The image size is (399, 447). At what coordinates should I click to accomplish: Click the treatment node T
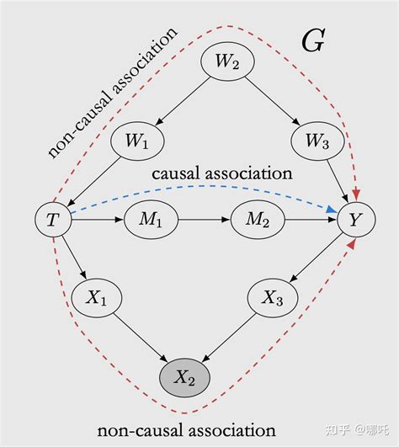point(52,221)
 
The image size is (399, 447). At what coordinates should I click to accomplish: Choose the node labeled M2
point(258,221)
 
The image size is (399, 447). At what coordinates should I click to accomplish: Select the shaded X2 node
point(185,376)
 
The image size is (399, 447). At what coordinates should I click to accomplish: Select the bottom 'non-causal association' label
point(186,430)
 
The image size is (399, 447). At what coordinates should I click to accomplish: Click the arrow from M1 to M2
point(202,221)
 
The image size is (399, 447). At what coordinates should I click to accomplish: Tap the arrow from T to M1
point(95,221)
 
